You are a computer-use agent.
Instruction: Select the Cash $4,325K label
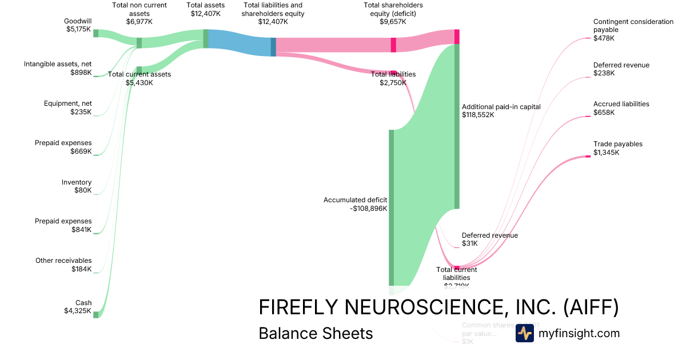[x=78, y=307]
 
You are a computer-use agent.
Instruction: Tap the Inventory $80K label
[x=77, y=186]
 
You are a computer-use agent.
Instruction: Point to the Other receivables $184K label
[x=63, y=265]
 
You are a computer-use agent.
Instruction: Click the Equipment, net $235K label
[x=67, y=107]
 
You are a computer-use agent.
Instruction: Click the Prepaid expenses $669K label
[x=63, y=147]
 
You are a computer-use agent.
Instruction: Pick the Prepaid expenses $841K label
[x=63, y=225]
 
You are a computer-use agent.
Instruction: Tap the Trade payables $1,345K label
[x=617, y=148]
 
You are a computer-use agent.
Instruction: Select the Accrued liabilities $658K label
[x=621, y=108]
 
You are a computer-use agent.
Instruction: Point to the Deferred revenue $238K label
[x=621, y=69]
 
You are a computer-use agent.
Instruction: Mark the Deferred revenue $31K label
[x=489, y=239]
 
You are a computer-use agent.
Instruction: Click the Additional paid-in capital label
[x=501, y=110]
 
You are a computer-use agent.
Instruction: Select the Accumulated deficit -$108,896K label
[x=355, y=204]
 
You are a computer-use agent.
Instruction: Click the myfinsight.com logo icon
[x=524, y=333]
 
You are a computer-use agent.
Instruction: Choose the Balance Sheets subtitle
[x=316, y=333]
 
